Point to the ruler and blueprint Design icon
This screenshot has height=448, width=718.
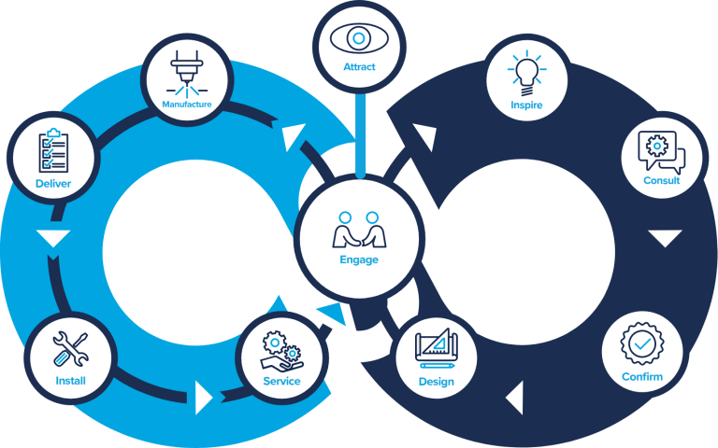tap(437, 349)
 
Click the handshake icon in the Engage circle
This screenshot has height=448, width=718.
tap(359, 229)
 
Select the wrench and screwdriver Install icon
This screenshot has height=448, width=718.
tap(70, 349)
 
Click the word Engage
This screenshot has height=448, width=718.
tap(359, 260)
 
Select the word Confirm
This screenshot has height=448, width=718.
tap(642, 377)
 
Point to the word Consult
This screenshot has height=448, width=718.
tap(662, 180)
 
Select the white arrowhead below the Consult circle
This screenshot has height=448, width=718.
tap(665, 238)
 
